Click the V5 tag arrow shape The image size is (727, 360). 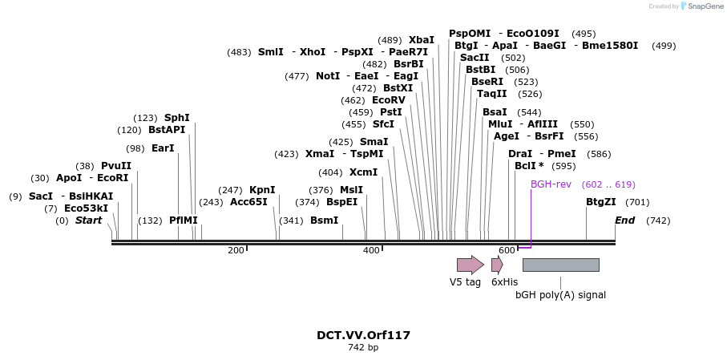(x=471, y=265)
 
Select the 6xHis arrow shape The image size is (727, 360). (x=498, y=265)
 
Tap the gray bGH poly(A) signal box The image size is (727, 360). (x=561, y=265)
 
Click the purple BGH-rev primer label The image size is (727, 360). (x=551, y=184)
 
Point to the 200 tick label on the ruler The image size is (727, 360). (x=236, y=250)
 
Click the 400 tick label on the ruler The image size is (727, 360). (x=371, y=250)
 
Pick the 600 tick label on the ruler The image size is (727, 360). (x=507, y=250)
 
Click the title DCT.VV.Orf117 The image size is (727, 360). (x=364, y=335)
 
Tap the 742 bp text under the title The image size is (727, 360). (x=364, y=347)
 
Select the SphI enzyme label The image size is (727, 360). (x=177, y=118)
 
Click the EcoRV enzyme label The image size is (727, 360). (x=389, y=100)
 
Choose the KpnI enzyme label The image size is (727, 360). (x=262, y=190)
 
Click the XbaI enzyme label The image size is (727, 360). (x=422, y=40)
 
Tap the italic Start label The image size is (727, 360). (x=88, y=220)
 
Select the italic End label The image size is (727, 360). (x=625, y=220)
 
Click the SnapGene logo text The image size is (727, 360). (x=705, y=6)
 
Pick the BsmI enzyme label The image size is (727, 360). (x=324, y=220)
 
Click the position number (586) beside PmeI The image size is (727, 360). (x=599, y=154)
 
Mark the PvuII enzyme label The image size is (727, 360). (x=116, y=166)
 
